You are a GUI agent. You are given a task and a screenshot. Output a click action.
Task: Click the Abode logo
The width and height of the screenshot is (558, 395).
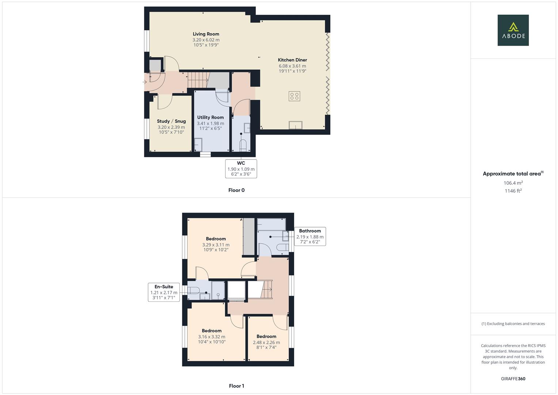513,30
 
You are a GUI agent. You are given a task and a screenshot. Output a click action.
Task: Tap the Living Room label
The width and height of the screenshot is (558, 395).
206,34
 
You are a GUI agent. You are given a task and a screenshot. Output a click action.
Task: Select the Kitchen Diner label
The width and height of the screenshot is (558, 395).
292,60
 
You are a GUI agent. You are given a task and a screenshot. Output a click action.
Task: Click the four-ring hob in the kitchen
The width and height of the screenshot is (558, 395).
294,96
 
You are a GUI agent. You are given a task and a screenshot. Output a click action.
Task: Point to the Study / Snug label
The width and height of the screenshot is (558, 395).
171,121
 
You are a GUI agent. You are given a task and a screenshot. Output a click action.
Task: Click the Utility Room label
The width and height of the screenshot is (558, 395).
210,117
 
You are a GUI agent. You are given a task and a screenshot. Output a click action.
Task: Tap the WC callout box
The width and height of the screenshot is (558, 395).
241,169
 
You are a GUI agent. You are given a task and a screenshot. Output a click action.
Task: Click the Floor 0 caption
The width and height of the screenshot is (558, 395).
236,190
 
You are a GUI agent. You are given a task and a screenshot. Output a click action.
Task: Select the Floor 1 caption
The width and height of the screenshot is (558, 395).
236,386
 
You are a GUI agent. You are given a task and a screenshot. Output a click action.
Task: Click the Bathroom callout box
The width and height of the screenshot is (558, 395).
310,236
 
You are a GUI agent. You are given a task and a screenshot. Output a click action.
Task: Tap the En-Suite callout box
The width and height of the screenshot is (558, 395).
164,292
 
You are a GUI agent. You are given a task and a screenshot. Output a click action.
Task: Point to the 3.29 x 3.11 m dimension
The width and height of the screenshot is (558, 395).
216,245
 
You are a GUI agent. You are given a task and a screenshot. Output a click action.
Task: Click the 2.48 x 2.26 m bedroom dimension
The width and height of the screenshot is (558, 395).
266,343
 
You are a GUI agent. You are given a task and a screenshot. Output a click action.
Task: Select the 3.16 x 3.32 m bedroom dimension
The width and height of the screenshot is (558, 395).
212,337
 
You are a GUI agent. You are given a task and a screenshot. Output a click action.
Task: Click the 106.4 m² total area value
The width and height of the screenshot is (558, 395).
513,183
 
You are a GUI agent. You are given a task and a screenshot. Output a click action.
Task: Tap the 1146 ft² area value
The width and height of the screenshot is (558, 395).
513,191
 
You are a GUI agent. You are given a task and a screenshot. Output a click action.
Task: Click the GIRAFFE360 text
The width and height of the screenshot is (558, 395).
513,379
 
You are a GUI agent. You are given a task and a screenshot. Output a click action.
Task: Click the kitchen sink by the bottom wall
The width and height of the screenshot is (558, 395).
296,125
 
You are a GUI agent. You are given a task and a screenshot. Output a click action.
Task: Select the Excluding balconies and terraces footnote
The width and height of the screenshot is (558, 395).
513,324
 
